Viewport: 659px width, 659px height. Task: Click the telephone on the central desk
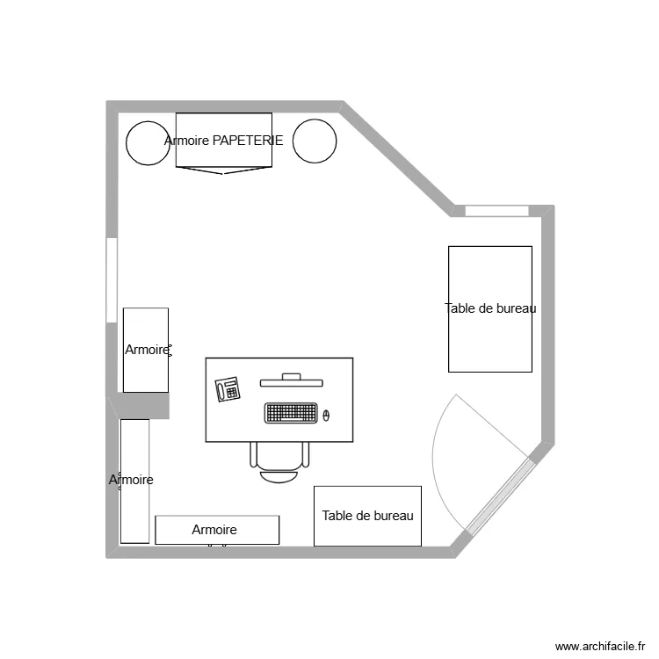(228, 388)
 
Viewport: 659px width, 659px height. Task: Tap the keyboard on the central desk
(291, 412)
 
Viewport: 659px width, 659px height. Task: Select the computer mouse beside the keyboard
(326, 415)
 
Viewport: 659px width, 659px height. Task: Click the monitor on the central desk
(291, 380)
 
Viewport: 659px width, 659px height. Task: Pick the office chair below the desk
(279, 462)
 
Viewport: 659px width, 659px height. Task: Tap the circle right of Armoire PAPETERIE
(315, 141)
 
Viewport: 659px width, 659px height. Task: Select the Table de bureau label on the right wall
(490, 308)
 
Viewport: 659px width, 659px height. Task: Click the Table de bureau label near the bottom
(367, 516)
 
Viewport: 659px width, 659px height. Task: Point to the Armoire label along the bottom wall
(214, 530)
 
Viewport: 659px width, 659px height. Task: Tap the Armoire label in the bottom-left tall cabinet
(132, 480)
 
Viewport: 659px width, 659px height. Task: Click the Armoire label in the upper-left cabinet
(147, 350)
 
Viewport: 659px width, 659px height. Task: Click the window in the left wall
(112, 279)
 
